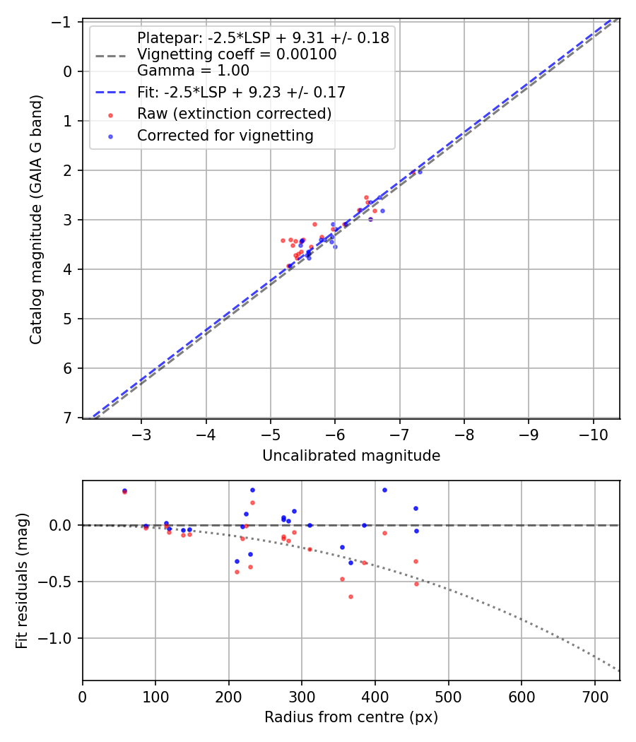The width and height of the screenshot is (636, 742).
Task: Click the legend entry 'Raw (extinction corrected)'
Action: (x=234, y=114)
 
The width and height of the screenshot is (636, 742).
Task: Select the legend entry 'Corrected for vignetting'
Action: (x=225, y=136)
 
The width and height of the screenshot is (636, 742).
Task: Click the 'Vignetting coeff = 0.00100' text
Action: (x=236, y=54)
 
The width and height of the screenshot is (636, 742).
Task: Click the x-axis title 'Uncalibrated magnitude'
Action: (x=351, y=456)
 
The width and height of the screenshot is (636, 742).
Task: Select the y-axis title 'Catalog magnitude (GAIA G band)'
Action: (x=36, y=220)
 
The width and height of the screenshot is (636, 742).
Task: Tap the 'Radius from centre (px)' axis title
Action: (x=351, y=717)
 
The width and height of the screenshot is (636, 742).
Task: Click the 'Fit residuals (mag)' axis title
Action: (x=22, y=580)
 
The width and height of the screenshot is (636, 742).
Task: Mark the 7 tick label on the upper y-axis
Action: (x=69, y=418)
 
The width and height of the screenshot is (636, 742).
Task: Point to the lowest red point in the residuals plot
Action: (x=351, y=596)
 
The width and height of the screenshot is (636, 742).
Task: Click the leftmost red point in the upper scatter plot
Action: (x=283, y=240)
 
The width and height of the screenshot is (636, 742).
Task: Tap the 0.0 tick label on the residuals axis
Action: (x=62, y=525)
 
